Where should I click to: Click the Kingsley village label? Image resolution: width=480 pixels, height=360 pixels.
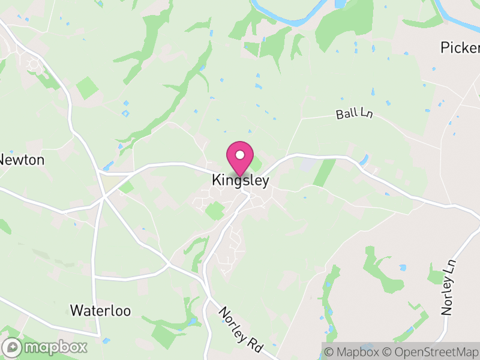240,180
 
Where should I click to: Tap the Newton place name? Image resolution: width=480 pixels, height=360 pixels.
22,160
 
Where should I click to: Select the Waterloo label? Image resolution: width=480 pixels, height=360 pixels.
100,310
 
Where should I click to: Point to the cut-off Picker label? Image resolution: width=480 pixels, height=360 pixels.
460,47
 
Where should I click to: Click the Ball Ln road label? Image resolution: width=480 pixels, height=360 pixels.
354,112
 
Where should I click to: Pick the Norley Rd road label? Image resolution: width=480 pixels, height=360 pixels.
240,331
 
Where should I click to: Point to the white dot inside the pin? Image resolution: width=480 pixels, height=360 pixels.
240,155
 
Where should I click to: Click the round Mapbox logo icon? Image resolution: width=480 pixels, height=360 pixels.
12,347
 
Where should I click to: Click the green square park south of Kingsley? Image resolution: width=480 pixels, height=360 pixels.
214,211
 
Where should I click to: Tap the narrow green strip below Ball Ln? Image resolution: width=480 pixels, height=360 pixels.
325,172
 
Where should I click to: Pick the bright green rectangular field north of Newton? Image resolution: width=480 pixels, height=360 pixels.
87,88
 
